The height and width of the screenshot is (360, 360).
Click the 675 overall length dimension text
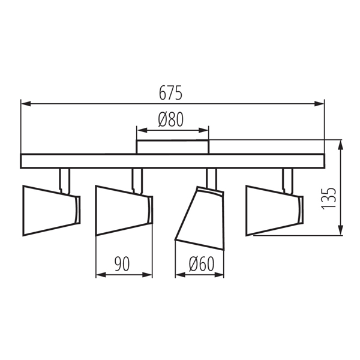pyautogui.click(x=170, y=93)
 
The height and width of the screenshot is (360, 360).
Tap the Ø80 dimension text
pyautogui.click(x=171, y=119)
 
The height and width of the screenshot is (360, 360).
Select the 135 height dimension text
pyautogui.click(x=329, y=199)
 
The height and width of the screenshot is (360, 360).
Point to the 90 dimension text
pyautogui.click(x=122, y=264)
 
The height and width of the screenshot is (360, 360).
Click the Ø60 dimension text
pyautogui.click(x=202, y=264)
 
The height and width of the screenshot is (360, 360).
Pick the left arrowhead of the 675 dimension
pyautogui.click(x=26, y=104)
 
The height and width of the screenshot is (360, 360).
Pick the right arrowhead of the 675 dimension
pyautogui.click(x=319, y=104)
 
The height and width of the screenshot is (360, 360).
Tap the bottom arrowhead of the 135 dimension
pyautogui.click(x=341, y=230)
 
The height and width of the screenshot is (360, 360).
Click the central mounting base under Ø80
pyautogui.click(x=173, y=147)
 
